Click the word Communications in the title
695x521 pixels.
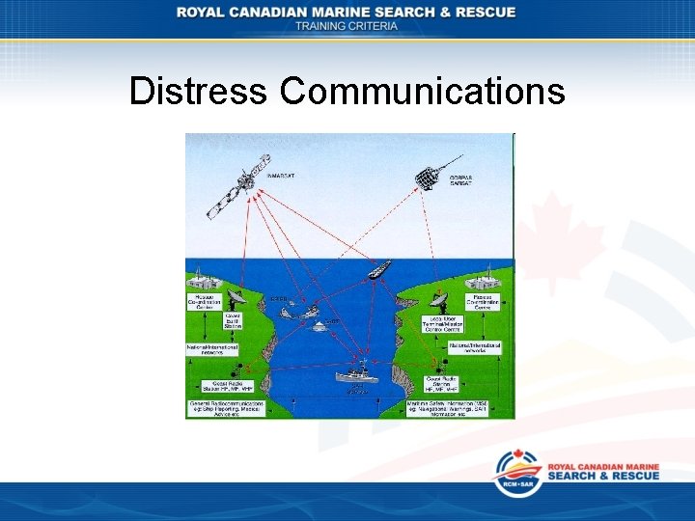coord(423,92)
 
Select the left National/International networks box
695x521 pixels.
coord(212,345)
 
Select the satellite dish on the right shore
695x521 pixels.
coord(442,293)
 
